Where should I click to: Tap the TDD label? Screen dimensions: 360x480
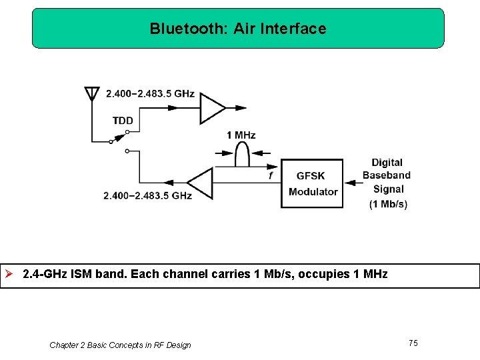click(123, 121)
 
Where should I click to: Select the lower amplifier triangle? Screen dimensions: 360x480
click(201, 183)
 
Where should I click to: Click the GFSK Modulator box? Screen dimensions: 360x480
click(312, 183)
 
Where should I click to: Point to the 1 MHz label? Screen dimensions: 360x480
click(241, 135)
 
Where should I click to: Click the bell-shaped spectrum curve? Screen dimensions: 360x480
click(241, 155)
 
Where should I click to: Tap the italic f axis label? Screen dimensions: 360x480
click(270, 175)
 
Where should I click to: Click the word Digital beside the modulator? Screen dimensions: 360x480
click(387, 163)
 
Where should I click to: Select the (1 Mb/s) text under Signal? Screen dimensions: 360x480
click(388, 204)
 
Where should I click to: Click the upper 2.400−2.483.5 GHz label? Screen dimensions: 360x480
click(150, 93)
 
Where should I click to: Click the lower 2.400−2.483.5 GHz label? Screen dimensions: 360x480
click(147, 196)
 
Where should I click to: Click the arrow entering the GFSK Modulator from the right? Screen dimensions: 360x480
click(351, 177)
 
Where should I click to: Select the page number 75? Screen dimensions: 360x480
click(413, 343)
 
